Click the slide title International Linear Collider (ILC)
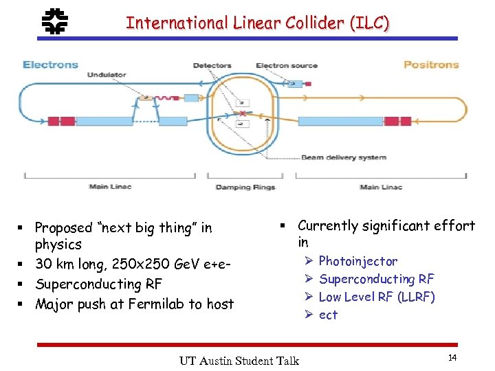pyautogui.click(x=257, y=23)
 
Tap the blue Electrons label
pyautogui.click(x=50, y=65)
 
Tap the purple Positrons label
pyautogui.click(x=431, y=65)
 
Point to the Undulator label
pyautogui.click(x=106, y=74)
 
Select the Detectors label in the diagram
pyautogui.click(x=212, y=66)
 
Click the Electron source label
pyautogui.click(x=287, y=66)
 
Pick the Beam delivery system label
pyautogui.click(x=344, y=157)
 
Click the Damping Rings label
pyautogui.click(x=245, y=187)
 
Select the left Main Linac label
pyautogui.click(x=110, y=187)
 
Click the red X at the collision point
pyautogui.click(x=242, y=113)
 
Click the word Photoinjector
pyautogui.click(x=357, y=261)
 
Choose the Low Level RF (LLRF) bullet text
pyautogui.click(x=377, y=297)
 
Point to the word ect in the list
pyautogui.click(x=328, y=315)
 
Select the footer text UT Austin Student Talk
pyautogui.click(x=239, y=360)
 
